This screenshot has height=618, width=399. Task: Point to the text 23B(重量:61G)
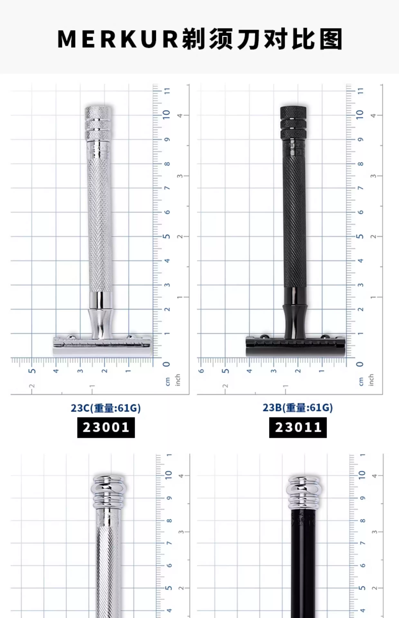click(x=298, y=408)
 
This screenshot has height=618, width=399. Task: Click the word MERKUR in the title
click(x=118, y=39)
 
